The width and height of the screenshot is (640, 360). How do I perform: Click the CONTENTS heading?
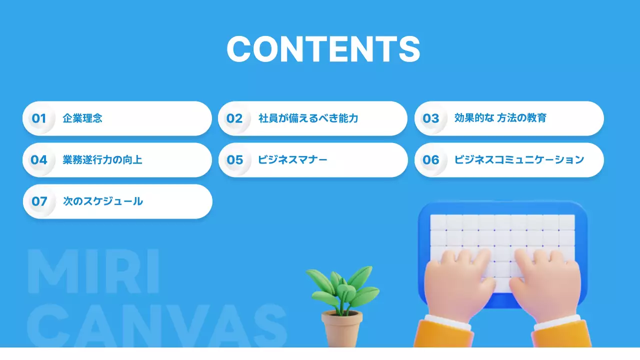click(323, 49)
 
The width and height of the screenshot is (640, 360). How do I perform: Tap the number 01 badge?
click(39, 118)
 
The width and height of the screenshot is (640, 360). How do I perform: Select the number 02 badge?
click(234, 118)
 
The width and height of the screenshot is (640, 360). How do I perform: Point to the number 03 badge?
click(430, 118)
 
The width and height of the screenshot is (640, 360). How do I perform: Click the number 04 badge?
click(39, 160)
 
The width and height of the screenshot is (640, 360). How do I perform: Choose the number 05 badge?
click(234, 160)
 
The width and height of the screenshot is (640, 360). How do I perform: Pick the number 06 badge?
click(430, 160)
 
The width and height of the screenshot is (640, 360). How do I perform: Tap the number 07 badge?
click(39, 201)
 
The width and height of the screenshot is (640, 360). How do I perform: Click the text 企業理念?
click(82, 118)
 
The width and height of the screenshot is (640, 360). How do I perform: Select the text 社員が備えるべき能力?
click(308, 118)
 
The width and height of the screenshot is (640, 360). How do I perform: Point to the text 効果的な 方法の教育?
click(500, 118)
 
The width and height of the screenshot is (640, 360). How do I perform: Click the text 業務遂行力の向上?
click(102, 160)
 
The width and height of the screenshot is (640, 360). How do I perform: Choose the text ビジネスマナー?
click(293, 160)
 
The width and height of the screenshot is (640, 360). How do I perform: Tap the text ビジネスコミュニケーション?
click(519, 160)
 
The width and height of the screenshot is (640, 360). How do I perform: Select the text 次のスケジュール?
click(103, 201)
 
